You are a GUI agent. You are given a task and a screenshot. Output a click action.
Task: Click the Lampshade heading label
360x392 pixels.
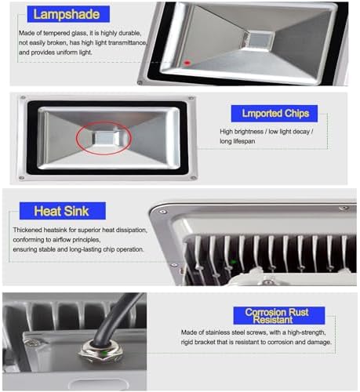pyautogui.click(x=68, y=14)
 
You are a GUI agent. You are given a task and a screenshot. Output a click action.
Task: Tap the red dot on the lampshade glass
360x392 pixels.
pyautogui.click(x=187, y=63)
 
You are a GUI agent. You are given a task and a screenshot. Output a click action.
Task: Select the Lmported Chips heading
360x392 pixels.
pyautogui.click(x=275, y=114)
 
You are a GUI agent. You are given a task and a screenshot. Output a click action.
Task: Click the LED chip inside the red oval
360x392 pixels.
pyautogui.click(x=105, y=138)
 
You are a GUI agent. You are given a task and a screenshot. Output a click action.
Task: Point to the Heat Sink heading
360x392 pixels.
pyautogui.click(x=63, y=211)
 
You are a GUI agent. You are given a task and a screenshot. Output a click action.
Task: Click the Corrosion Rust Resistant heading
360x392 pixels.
pyautogui.click(x=279, y=316)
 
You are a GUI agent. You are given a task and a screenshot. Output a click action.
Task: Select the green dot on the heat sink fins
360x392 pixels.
pyautogui.click(x=234, y=262)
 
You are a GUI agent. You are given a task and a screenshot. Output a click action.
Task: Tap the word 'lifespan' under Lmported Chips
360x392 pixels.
pyautogui.click(x=244, y=141)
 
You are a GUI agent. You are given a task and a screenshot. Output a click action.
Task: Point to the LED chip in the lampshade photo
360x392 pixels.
pyautogui.click(x=259, y=39)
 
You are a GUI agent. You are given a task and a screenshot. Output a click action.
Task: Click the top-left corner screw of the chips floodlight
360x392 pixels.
pyautogui.click(x=23, y=98)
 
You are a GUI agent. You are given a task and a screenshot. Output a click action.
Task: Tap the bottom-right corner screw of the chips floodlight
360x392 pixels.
pyautogui.click(x=194, y=178)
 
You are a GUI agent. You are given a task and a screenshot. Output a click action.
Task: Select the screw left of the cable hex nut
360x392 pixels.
pyautogui.click(x=32, y=343)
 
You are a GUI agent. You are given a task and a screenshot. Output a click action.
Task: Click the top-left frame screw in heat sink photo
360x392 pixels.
pyautogui.click(x=163, y=212)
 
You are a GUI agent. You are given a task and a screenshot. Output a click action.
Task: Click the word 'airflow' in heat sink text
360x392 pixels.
pyautogui.click(x=61, y=240)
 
